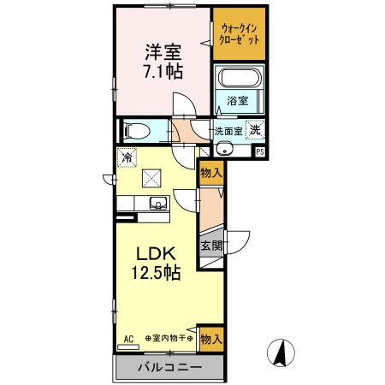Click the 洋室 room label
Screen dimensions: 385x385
point(161,50)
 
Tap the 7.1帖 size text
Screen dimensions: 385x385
point(161,70)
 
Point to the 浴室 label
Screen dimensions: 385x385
point(239,101)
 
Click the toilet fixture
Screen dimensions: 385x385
point(137,131)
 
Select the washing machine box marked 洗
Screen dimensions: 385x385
point(254,131)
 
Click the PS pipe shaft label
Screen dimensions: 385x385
point(260,152)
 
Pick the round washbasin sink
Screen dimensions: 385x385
point(226,149)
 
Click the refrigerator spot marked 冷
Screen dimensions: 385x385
point(126,157)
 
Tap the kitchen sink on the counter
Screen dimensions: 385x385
point(157,204)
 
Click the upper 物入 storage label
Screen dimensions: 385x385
point(211,172)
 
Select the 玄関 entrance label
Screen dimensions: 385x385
point(211,246)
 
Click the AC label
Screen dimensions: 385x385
point(129,338)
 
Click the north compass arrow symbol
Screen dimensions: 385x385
point(278,352)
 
